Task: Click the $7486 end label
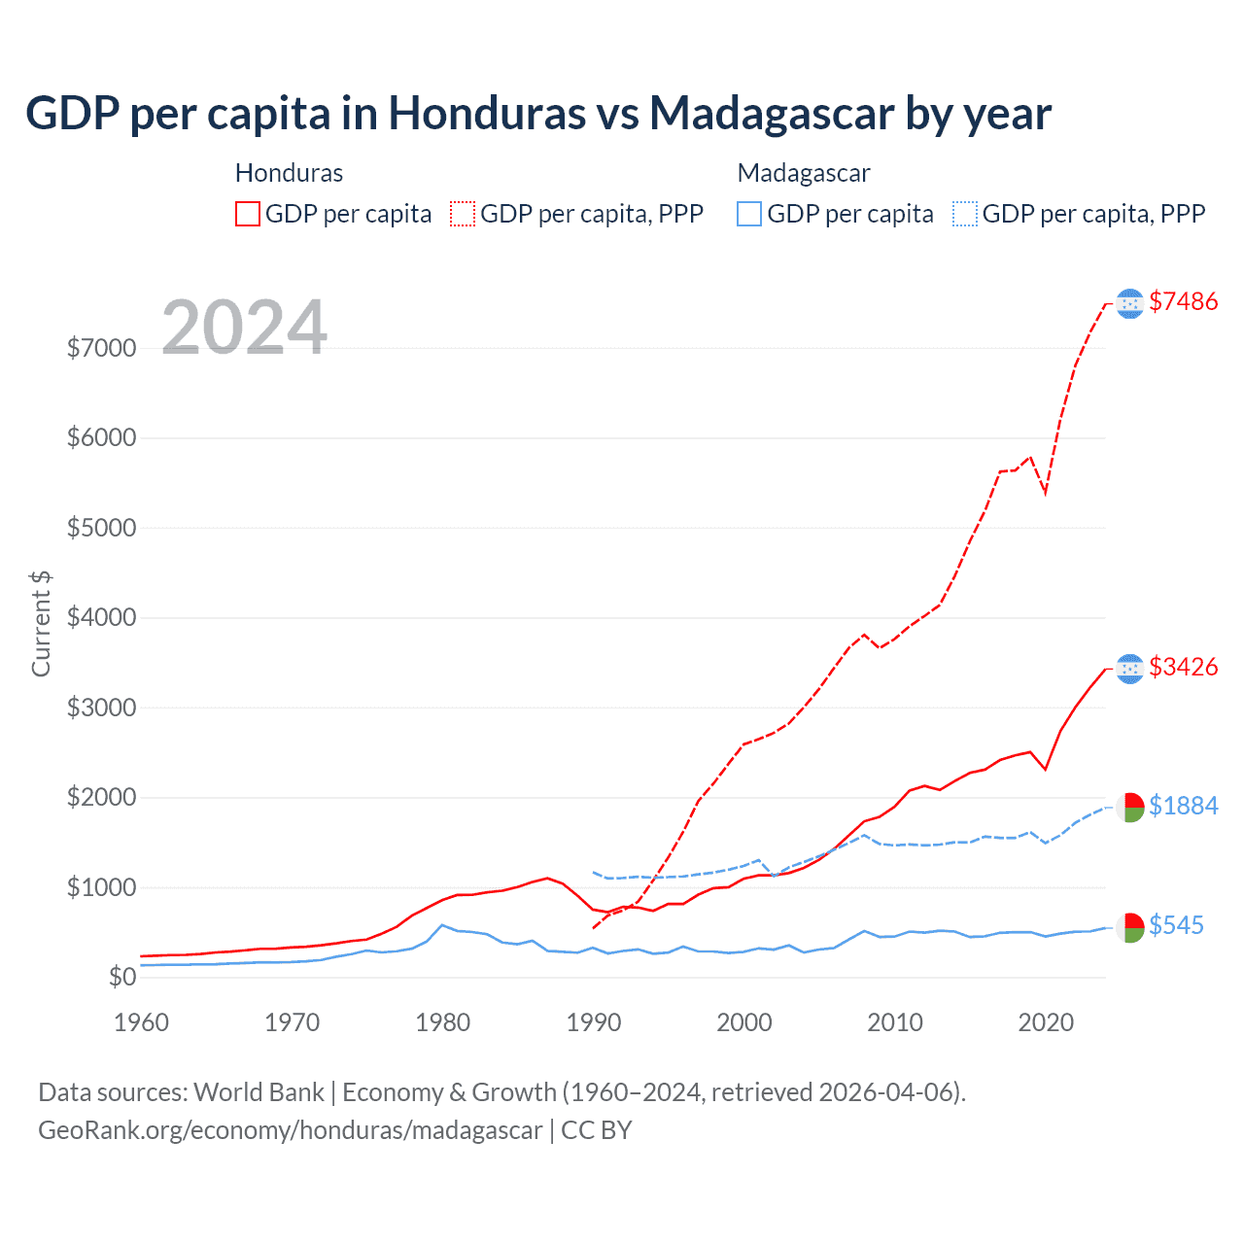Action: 1183,301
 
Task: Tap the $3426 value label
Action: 1183,667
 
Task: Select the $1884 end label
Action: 1183,806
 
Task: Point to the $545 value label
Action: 1176,925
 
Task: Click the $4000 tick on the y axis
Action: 101,618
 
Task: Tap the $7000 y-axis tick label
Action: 101,348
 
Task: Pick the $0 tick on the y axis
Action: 121,977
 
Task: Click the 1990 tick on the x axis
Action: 594,1022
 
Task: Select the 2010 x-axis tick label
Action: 895,1022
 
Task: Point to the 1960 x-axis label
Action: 142,1022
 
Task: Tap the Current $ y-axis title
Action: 41,624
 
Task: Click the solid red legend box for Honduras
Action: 248,214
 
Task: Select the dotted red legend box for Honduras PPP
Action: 463,214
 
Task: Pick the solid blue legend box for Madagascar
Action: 749,214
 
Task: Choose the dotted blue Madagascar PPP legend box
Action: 965,214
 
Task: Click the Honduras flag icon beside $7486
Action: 1129,304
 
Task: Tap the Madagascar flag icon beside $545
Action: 1129,927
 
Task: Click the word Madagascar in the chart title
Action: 772,114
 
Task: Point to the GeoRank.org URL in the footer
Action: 290,1130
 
